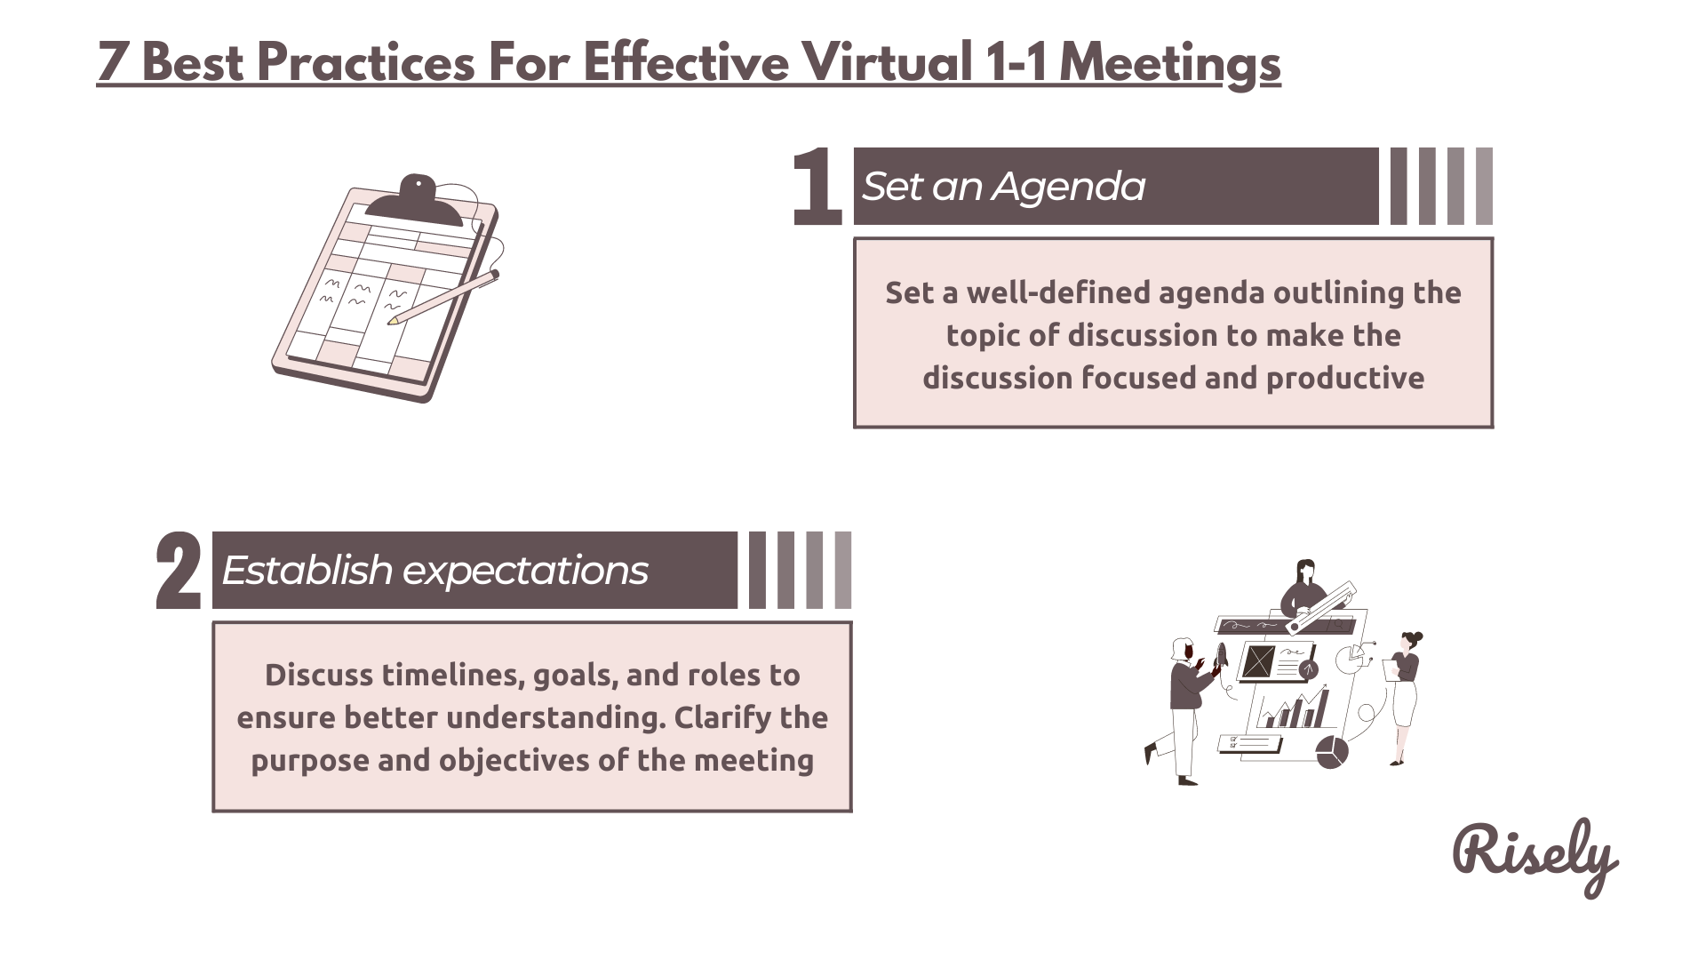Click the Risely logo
coord(1535,855)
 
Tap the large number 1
coord(817,186)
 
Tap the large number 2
coord(178,570)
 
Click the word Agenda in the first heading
coord(1069,187)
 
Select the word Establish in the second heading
coord(307,570)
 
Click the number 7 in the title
coord(112,62)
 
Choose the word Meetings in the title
coord(1169,64)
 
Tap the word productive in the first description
coord(1345,380)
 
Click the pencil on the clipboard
coord(443,297)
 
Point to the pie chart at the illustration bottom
coord(1331,752)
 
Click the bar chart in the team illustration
coord(1293,708)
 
